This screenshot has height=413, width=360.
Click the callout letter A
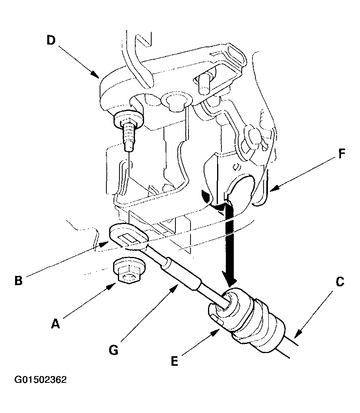pyautogui.click(x=56, y=324)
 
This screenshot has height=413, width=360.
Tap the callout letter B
pyautogui.click(x=19, y=280)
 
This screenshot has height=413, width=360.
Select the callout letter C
pyautogui.click(x=340, y=282)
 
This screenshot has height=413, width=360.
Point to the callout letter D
pyautogui.click(x=51, y=40)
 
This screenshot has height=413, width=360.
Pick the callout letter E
pyautogui.click(x=175, y=361)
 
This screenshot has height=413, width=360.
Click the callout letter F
pyautogui.click(x=342, y=154)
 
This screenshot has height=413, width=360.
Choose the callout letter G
pyautogui.click(x=114, y=350)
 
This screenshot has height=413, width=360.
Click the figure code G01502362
pyautogui.click(x=40, y=380)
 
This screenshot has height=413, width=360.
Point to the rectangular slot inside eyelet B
pyautogui.click(x=129, y=238)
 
